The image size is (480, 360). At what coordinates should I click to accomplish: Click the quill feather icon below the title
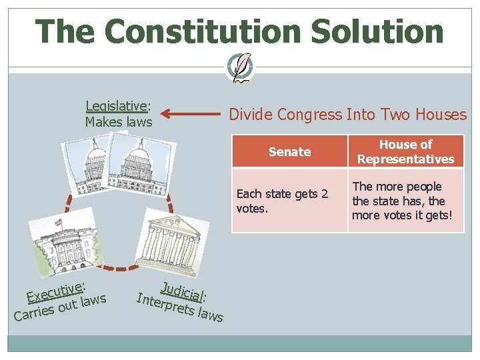coord(240,67)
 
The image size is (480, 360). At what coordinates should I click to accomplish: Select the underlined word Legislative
coord(117,106)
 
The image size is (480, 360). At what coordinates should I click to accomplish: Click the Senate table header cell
coord(289,152)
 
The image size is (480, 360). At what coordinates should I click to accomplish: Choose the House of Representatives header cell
coord(405,152)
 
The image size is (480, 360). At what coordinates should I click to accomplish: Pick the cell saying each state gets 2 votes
coord(289,201)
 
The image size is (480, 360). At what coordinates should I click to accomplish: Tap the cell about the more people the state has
coord(405,201)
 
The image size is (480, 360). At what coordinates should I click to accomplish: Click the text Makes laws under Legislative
coord(119,122)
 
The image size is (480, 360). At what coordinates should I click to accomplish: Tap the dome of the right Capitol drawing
coord(139,157)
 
